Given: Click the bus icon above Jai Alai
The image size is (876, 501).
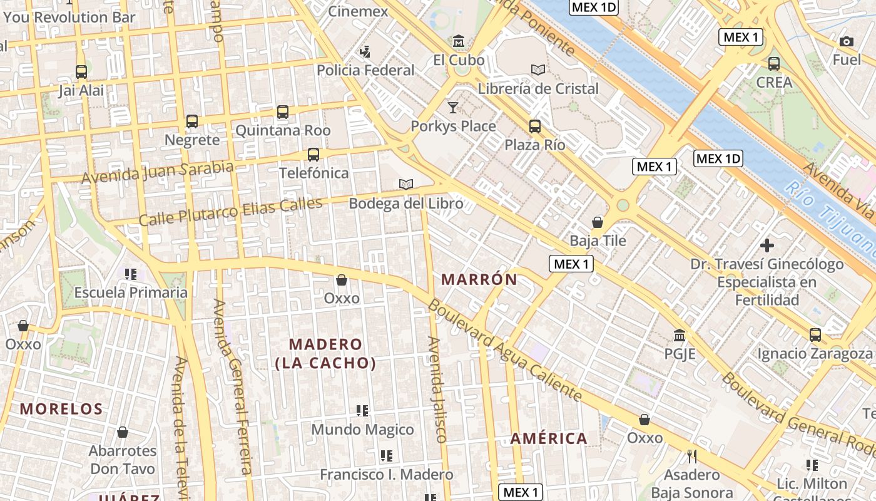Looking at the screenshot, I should (x=81, y=71).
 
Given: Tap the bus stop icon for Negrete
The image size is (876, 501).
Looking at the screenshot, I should (x=192, y=121).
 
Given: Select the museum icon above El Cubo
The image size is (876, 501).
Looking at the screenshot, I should (x=459, y=41).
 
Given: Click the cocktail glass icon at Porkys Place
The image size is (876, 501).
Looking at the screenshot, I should (x=452, y=107).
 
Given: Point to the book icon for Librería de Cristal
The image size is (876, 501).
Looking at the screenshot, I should (x=537, y=70).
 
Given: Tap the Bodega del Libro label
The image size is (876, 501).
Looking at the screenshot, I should (x=405, y=204).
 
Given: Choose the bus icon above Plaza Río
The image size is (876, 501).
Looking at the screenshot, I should (x=535, y=126).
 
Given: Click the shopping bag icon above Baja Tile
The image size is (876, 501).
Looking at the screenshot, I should (x=598, y=222).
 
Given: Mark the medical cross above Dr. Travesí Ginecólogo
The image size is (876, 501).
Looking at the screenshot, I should (x=766, y=245).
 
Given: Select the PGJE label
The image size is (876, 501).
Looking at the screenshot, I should (x=680, y=354).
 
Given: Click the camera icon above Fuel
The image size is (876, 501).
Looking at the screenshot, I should (x=847, y=41).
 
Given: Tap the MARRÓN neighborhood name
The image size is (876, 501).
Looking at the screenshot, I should (x=479, y=279).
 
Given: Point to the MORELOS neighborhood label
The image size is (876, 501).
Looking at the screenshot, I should (x=61, y=409).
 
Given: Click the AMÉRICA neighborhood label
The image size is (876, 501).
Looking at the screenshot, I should (x=549, y=438).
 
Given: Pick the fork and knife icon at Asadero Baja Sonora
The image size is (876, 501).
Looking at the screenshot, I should (x=691, y=456).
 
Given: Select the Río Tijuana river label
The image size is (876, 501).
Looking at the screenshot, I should (x=832, y=215).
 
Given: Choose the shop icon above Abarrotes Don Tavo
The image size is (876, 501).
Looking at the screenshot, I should (x=123, y=432).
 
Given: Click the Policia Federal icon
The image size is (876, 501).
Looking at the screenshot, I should (x=365, y=51).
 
